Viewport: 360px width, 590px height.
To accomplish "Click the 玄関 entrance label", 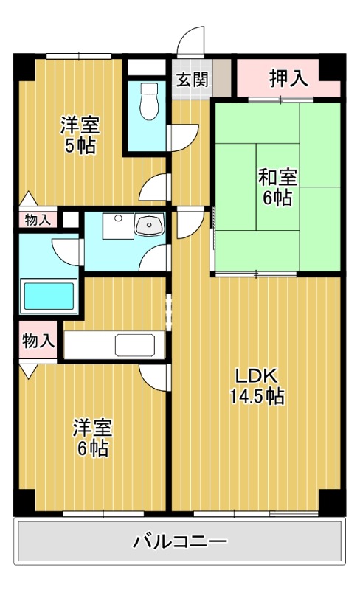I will (191, 80).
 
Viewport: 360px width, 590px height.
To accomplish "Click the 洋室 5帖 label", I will (80, 135).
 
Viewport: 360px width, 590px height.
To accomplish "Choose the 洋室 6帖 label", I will (91, 437).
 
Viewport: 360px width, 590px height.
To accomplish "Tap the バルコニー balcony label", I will (179, 542).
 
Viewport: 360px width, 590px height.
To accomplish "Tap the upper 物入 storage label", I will (38, 220).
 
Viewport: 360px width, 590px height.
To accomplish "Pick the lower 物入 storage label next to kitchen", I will (38, 341).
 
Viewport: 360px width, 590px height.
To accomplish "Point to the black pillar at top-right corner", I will (330, 67).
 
